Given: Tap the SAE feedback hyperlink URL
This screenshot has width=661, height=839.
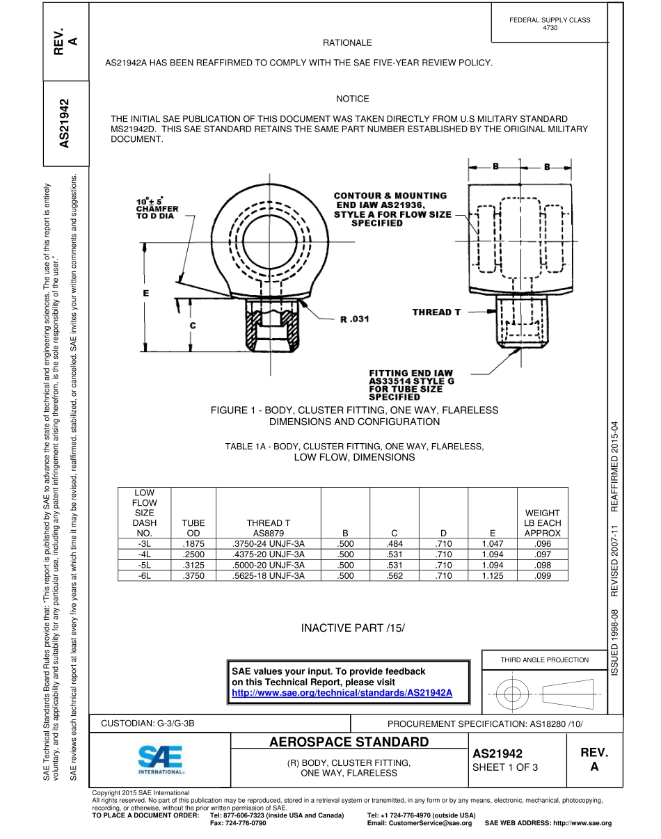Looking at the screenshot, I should pos(342,693).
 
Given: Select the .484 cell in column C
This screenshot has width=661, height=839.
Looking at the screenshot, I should pos(395,543).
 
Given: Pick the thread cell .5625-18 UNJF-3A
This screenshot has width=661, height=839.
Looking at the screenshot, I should pos(269,575).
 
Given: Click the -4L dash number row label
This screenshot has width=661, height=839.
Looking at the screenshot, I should pos(145,554).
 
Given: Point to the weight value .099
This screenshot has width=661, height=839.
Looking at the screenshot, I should pos(542,575).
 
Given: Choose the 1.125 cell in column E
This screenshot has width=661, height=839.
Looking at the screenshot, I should pos(492,575).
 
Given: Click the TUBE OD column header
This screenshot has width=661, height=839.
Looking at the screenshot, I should pos(193,527).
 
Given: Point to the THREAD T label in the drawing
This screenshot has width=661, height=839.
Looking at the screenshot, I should pos(436,312).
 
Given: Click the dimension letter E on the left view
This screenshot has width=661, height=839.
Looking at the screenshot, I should pos(146,293).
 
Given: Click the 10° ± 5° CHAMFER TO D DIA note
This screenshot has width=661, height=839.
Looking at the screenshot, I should pos(157,209).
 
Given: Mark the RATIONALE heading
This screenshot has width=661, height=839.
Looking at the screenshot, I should pos(347,42).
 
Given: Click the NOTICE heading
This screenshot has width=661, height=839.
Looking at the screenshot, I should pos(352,99).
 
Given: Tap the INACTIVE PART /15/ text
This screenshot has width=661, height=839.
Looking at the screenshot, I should pos(352,628).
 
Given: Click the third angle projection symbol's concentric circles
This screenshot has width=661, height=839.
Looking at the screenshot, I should pos(512,693).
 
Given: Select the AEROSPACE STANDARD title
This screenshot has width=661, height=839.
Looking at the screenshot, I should pos(349,742).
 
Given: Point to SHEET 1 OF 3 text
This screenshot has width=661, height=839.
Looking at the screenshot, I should pos(505,767).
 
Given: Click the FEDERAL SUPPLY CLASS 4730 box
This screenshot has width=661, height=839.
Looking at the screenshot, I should pos(549,24).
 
